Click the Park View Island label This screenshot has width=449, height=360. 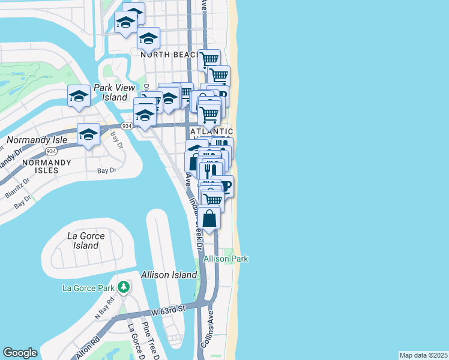(114, 92)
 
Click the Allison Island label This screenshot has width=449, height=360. (169, 275)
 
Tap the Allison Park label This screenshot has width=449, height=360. (226, 259)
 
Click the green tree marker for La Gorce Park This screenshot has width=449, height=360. (124, 287)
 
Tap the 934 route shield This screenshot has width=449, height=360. (127, 126)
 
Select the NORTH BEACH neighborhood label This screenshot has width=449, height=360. (170, 55)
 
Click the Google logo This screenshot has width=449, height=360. (20, 353)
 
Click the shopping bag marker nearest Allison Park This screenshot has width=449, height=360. (209, 218)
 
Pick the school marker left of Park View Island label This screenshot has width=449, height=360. (79, 97)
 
